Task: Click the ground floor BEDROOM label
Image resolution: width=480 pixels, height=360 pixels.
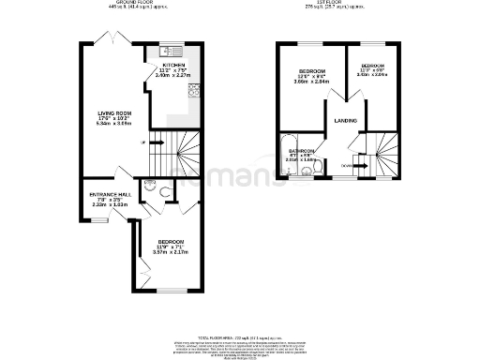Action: pyautogui.click(x=171, y=243)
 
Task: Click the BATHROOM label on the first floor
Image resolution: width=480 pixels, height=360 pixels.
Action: pyautogui.click(x=302, y=151)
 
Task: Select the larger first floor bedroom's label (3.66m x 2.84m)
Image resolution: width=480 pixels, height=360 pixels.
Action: pyautogui.click(x=312, y=72)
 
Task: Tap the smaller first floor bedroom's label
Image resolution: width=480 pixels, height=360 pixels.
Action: pyautogui.click(x=373, y=67)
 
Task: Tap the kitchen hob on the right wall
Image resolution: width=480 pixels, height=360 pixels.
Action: pyautogui.click(x=196, y=90)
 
